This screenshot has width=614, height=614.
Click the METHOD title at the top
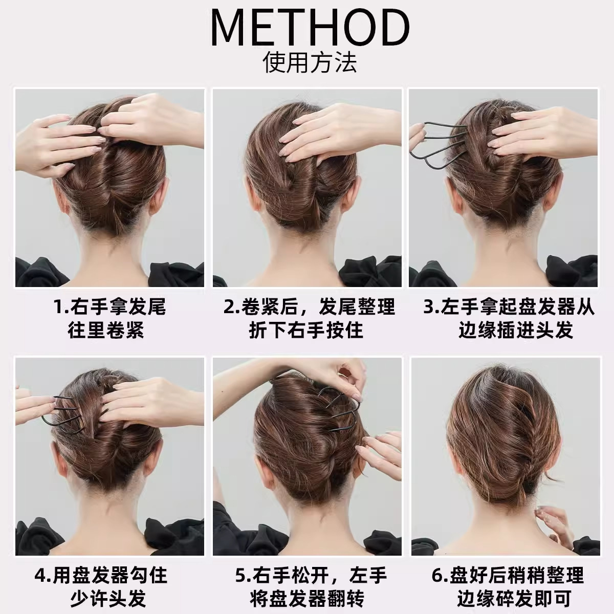[310, 28]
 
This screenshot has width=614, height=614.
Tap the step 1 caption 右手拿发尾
[109, 307]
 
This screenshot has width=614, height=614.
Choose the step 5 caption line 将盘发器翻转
[307, 598]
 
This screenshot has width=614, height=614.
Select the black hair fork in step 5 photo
[333, 409]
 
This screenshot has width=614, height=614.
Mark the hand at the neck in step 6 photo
[555, 522]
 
